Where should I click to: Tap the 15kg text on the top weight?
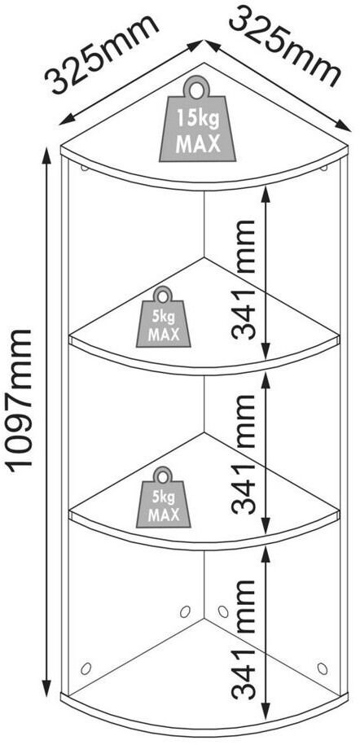point(198,118)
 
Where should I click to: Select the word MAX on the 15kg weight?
point(198,143)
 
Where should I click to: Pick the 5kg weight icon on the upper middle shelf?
point(163,317)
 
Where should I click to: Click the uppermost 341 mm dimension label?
point(244,280)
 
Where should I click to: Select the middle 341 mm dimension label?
point(244,454)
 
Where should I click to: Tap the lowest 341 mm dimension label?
point(244,639)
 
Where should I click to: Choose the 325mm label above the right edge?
point(285,46)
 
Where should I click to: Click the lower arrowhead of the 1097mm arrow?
point(46,688)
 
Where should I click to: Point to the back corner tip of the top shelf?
point(204,63)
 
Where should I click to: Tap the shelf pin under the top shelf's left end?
point(85,167)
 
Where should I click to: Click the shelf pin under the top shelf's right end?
point(324,167)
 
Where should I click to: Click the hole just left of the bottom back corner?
point(186,611)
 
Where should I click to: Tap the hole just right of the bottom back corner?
point(223,611)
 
